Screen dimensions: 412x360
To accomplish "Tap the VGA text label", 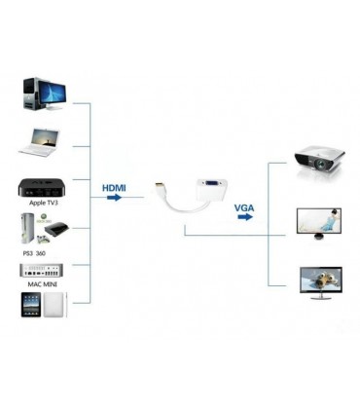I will [245, 207].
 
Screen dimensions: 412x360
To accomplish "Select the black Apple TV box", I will [40, 189].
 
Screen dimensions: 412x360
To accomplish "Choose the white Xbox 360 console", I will [29, 231].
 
